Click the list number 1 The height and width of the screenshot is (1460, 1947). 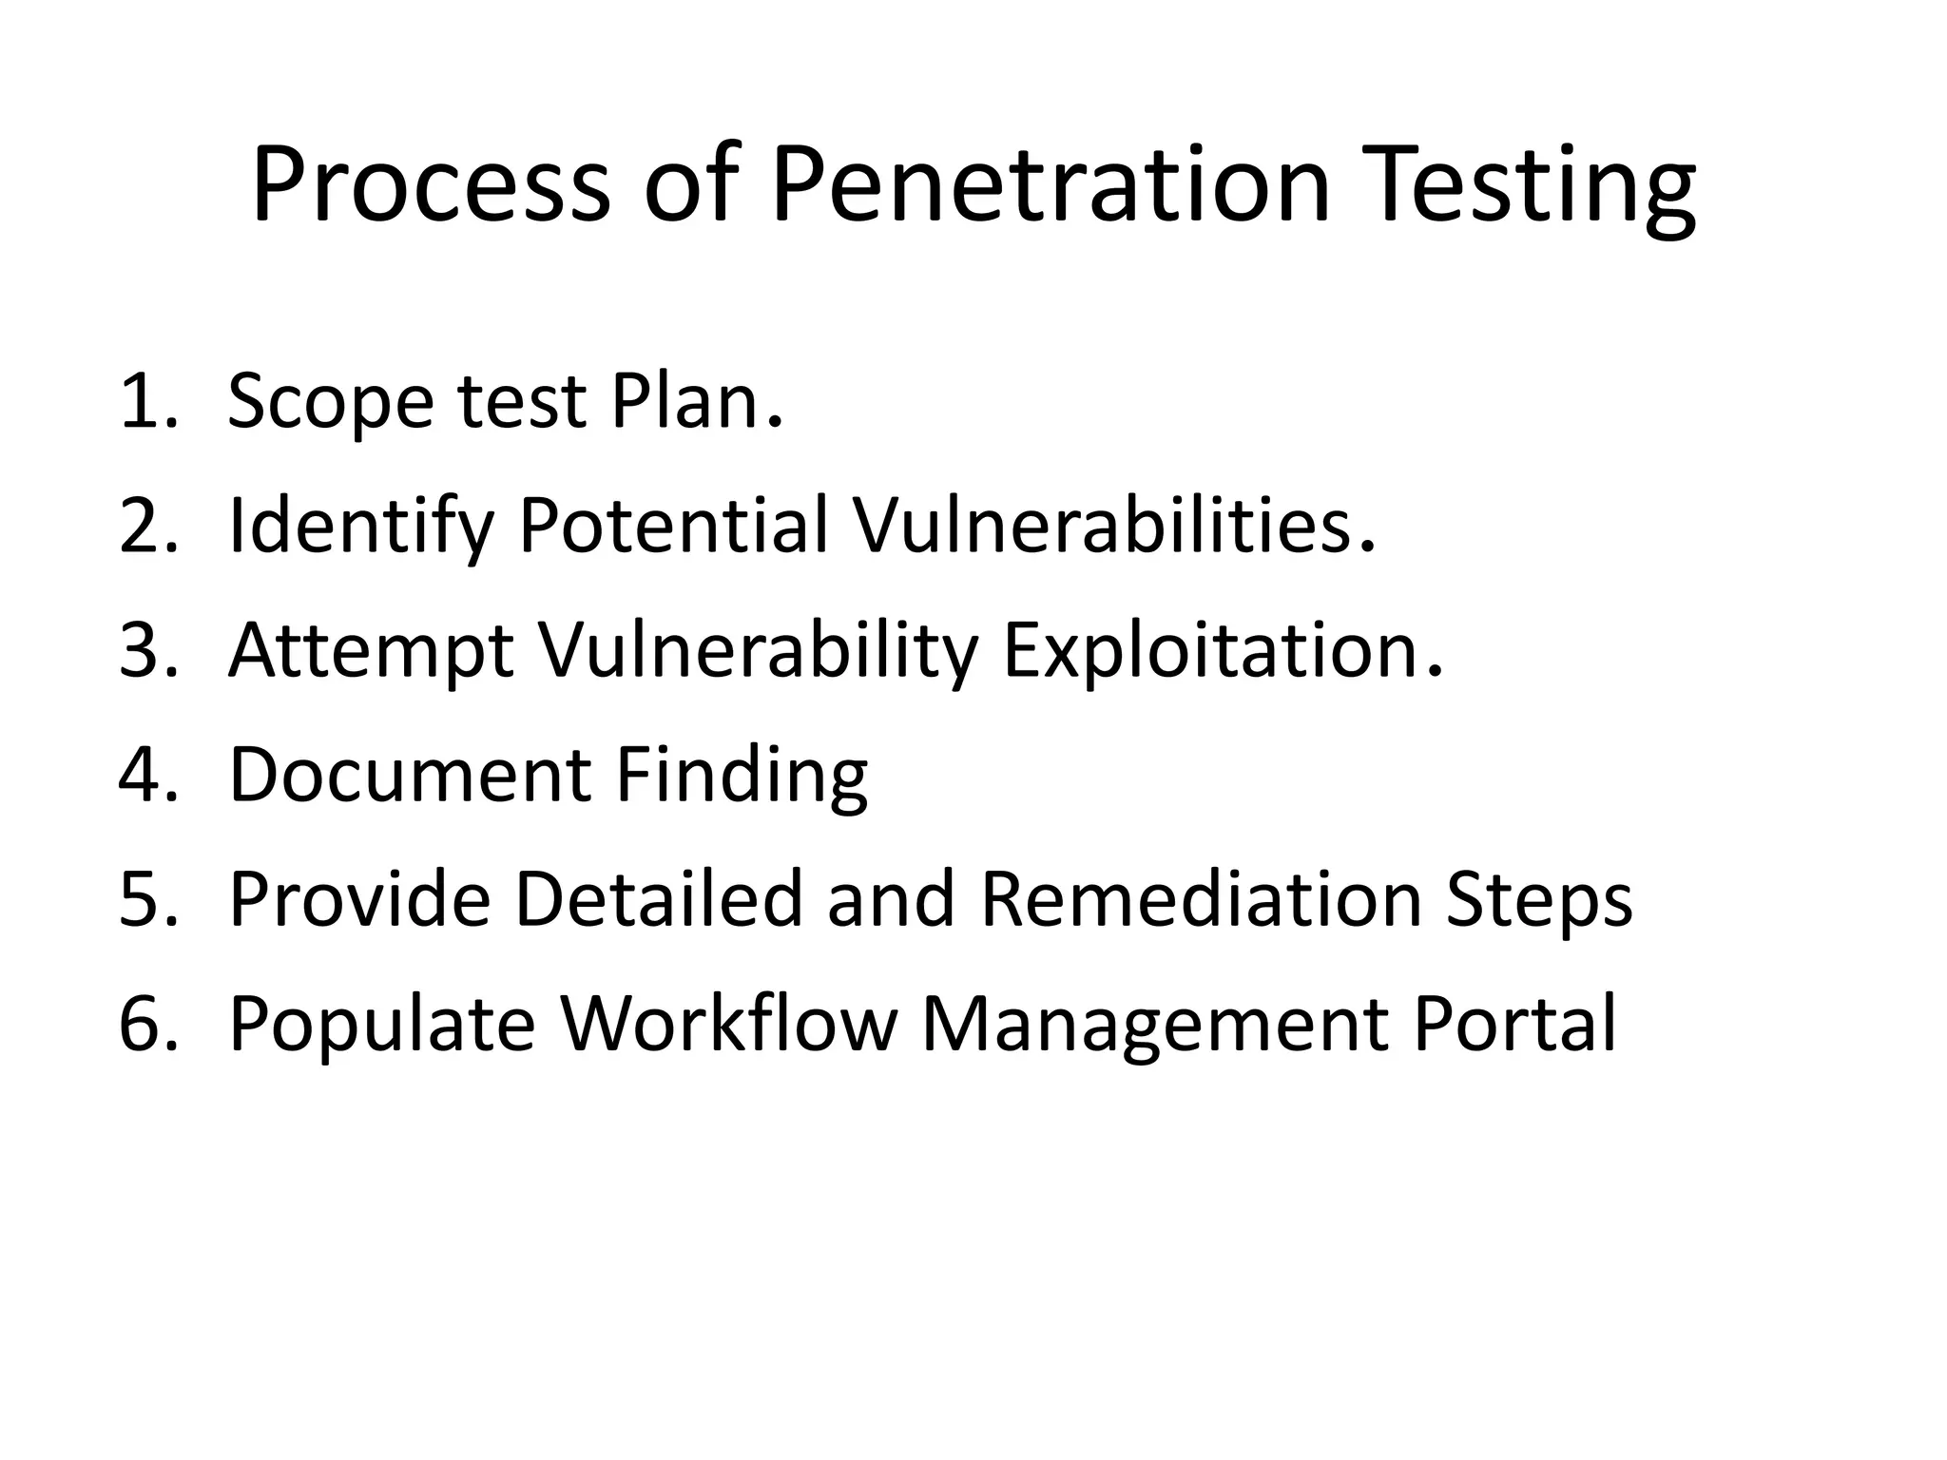[147, 401]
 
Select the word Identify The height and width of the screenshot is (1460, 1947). [361, 526]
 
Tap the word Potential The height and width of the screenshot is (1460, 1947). [674, 526]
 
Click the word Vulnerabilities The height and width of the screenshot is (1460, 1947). [1108, 526]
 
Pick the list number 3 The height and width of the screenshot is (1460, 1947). [147, 650]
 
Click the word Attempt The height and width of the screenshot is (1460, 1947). [372, 650]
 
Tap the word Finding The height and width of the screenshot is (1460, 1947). [742, 775]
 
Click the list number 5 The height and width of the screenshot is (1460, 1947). [147, 899]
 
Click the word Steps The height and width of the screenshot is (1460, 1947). [1539, 899]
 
